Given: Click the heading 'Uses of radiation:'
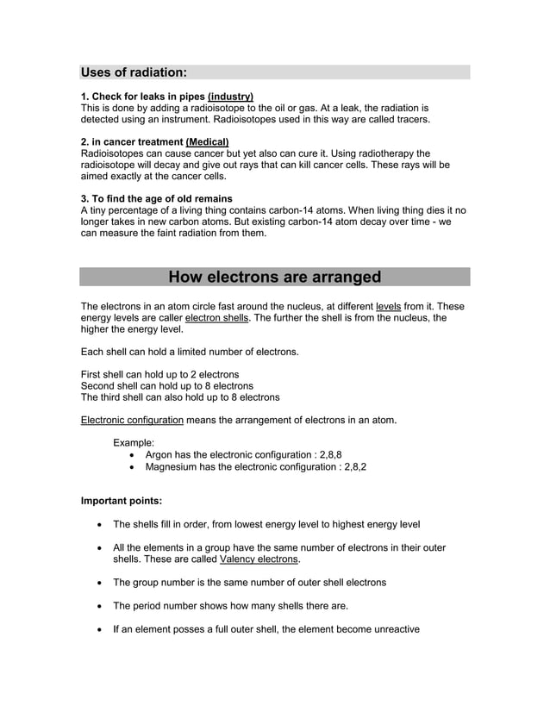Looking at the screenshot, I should tap(134, 72).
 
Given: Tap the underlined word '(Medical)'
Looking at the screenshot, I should tap(207, 141).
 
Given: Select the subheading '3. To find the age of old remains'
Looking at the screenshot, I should tap(156, 198).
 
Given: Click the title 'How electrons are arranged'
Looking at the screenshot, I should tap(274, 277).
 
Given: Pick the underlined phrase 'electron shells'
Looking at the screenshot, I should tap(216, 317).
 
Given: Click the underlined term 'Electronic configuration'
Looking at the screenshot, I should tap(132, 421).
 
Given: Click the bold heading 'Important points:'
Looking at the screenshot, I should tap(121, 500).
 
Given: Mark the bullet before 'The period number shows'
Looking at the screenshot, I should tap(103, 606).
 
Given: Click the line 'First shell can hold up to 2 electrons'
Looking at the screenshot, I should tap(159, 375).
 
